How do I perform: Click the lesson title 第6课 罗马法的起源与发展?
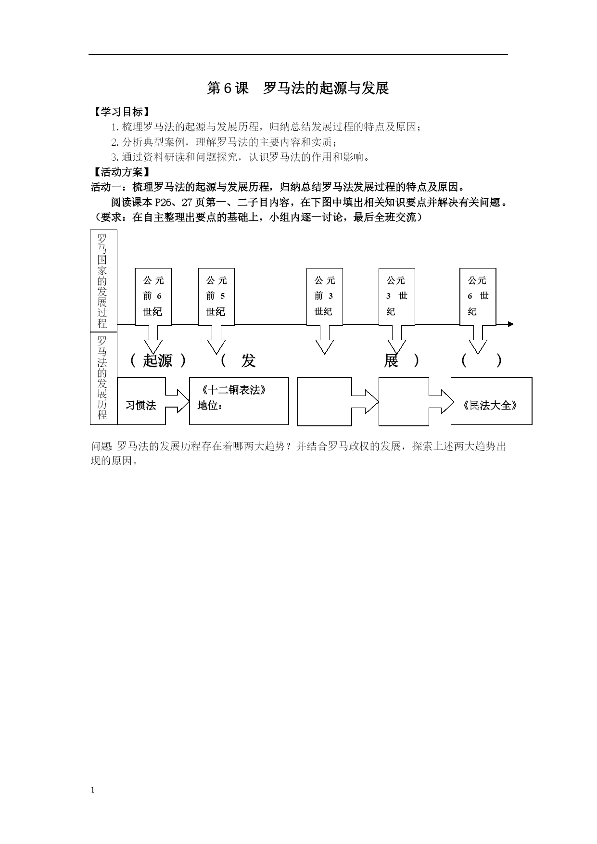point(298,88)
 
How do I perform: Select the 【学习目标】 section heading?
point(120,112)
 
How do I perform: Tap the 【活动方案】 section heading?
point(120,172)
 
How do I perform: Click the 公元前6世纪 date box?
point(153,296)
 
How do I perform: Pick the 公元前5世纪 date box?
point(216,296)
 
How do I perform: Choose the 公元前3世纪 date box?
point(325,296)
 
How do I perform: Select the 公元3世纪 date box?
point(397,296)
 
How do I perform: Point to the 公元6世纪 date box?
point(478,296)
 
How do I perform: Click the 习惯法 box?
point(141,401)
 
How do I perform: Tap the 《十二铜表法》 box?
point(239,401)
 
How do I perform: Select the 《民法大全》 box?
point(491,401)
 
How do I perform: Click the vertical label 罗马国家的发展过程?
point(102,281)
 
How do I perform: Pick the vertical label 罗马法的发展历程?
point(102,378)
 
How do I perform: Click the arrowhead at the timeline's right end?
point(511,324)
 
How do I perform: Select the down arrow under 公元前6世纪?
point(153,339)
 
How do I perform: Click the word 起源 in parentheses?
point(158,360)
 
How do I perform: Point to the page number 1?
point(93,790)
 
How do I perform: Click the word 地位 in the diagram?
point(208,406)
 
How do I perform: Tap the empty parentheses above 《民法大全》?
point(482,360)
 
